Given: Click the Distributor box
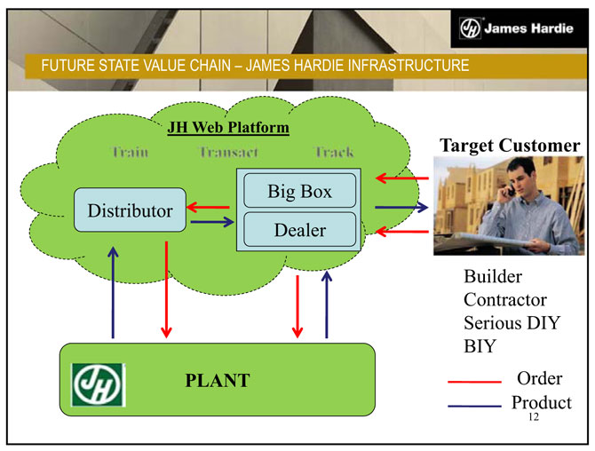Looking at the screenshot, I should click(x=129, y=210).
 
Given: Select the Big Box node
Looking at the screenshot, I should click(x=300, y=192).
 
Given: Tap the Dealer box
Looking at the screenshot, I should click(x=300, y=230).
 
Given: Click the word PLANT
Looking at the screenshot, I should click(x=218, y=381).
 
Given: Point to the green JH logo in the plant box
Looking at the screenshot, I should click(x=99, y=382).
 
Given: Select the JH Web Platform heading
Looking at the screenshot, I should click(x=228, y=128).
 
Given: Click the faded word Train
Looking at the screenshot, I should click(x=131, y=152).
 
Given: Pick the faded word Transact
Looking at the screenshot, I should click(x=229, y=152).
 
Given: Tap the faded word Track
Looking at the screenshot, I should click(x=334, y=152).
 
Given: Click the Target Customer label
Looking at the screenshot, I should click(x=510, y=145).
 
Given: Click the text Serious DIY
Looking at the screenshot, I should click(x=512, y=322).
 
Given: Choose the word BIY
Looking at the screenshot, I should click(x=480, y=345).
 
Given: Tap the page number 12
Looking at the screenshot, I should click(x=533, y=417).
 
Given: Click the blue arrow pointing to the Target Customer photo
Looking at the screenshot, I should click(x=401, y=208).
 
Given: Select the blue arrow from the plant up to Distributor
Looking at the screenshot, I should click(x=113, y=293).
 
